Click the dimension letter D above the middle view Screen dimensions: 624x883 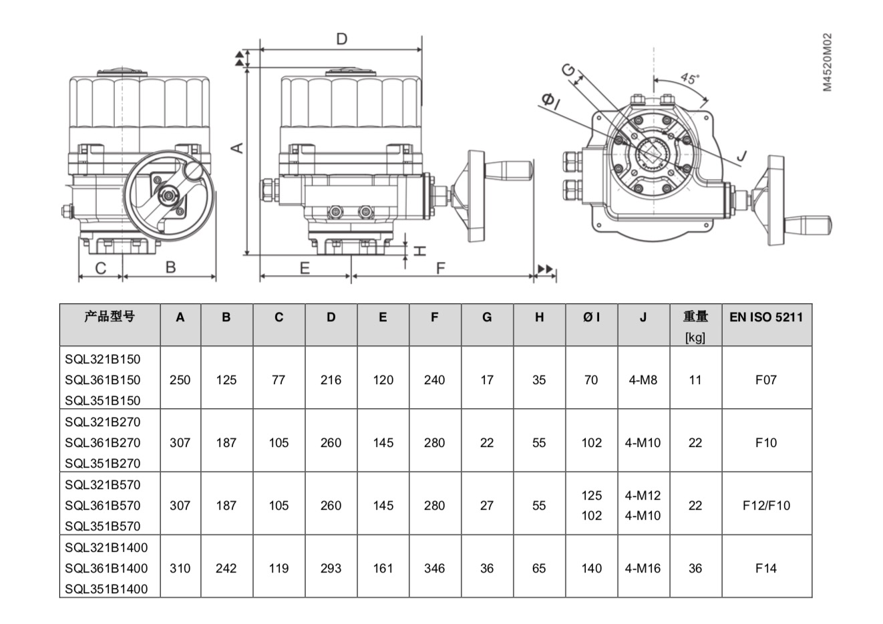341,39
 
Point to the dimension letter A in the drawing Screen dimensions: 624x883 237,148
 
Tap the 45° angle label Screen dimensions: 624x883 690,77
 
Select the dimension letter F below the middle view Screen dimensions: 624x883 440,269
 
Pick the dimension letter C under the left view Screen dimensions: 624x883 101,268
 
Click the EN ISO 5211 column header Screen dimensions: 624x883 766,317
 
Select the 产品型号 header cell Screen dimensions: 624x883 110,316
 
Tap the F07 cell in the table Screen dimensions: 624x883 766,379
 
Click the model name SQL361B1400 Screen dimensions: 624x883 106,568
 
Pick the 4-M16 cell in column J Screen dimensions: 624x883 643,568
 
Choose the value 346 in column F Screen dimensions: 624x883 434,568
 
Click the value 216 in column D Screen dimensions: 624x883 331,379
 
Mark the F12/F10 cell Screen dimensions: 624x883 766,505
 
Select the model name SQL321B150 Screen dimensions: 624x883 103,359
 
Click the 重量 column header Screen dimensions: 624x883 695,316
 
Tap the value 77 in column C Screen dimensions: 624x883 279,379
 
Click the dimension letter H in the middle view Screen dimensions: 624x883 419,251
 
